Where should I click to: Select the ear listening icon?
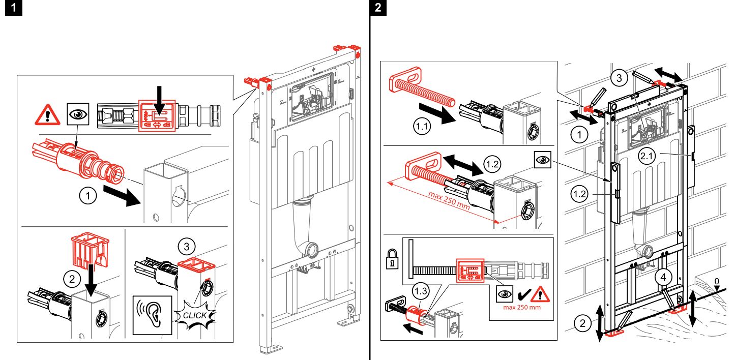pyautogui.click(x=151, y=315)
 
